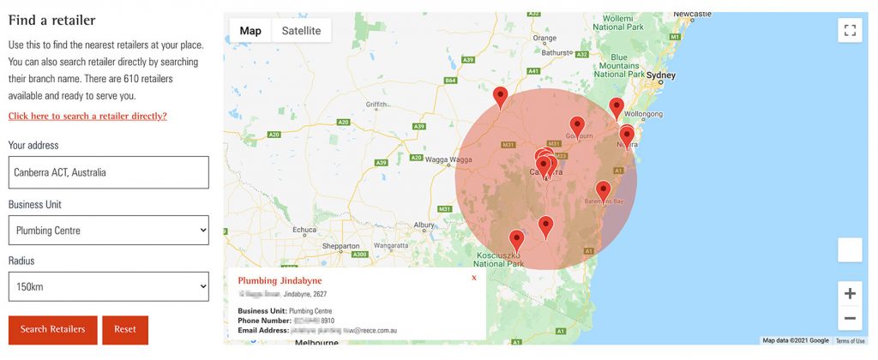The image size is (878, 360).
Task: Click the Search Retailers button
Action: [x=52, y=329]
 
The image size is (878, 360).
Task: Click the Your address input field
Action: [x=108, y=172]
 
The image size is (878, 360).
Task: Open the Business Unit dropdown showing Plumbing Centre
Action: [x=108, y=230]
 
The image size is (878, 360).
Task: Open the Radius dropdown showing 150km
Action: [x=108, y=286]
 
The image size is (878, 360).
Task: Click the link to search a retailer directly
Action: [x=87, y=116]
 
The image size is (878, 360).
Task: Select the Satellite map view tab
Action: [x=301, y=31]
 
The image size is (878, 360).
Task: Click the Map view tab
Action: [x=250, y=31]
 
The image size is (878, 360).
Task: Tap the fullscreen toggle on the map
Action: [x=850, y=31]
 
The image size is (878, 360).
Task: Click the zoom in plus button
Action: [x=850, y=293]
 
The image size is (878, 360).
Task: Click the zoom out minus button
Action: [x=850, y=318]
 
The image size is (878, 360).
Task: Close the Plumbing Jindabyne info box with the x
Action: [x=474, y=278]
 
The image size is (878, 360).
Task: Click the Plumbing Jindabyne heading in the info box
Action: [x=280, y=281]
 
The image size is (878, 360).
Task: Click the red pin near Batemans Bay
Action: [x=604, y=191]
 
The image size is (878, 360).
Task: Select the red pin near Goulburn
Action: [x=577, y=125]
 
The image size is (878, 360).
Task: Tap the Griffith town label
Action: [x=377, y=105]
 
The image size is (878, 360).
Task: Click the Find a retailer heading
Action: [x=51, y=20]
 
